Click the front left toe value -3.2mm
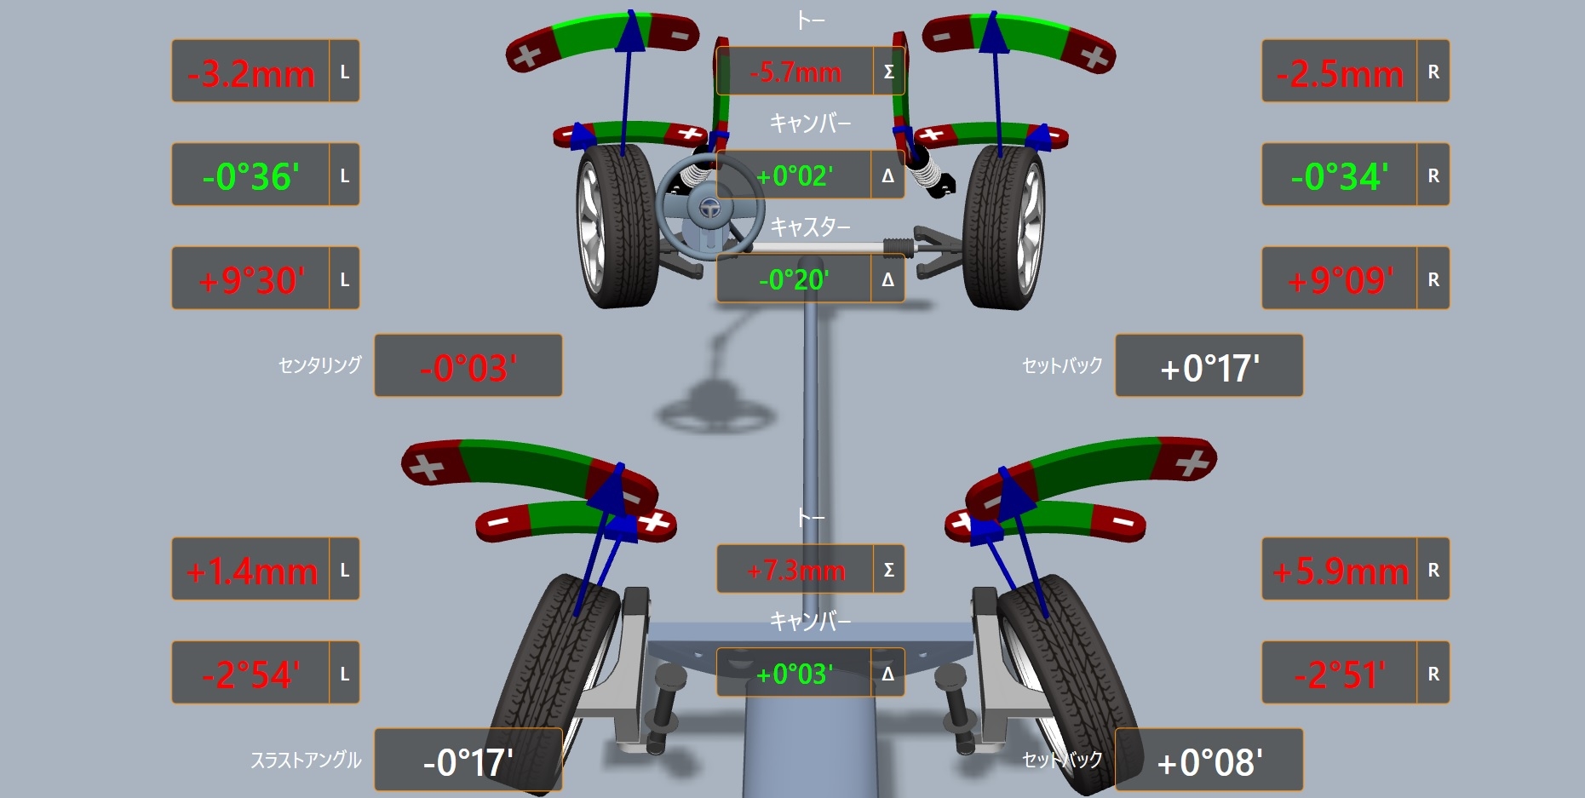(x=251, y=74)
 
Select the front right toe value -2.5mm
(x=1340, y=74)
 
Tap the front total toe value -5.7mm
(x=795, y=72)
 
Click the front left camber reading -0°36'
(x=251, y=177)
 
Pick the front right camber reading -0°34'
(x=1340, y=177)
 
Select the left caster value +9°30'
(x=251, y=280)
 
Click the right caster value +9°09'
(x=1340, y=280)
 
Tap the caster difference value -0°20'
(x=794, y=279)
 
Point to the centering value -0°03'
(x=468, y=368)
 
